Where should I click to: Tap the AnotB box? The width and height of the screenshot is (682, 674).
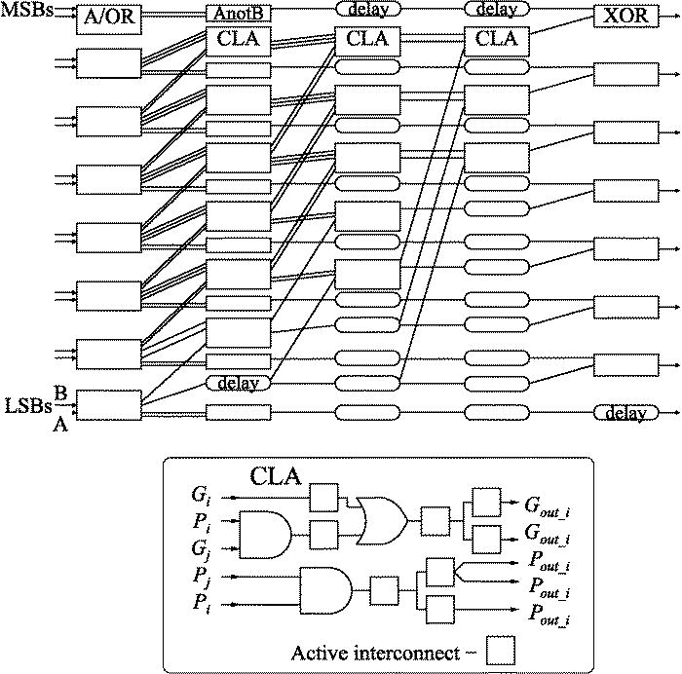[x=238, y=15]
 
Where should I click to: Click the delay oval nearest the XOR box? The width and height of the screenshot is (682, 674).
[x=497, y=10]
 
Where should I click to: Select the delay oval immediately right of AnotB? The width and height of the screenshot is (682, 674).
[x=367, y=10]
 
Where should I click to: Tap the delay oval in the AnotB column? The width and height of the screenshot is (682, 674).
[x=238, y=383]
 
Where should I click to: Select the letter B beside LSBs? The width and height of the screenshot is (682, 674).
[x=60, y=393]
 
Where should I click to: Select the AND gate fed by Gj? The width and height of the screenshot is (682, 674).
[x=267, y=533]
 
